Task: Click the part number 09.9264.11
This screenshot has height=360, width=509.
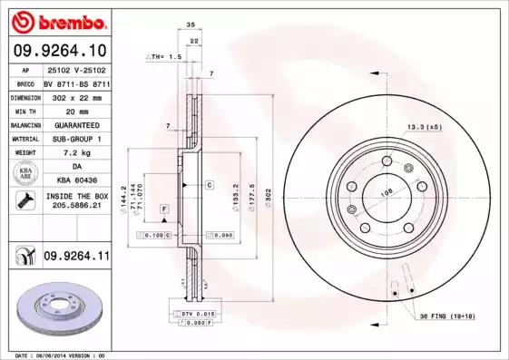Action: [76, 257]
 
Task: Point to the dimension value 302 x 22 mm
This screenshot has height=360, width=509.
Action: [76, 95]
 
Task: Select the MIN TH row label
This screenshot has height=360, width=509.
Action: [24, 110]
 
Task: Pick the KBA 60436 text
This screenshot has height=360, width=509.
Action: [76, 180]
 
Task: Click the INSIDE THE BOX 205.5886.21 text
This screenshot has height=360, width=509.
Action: [76, 201]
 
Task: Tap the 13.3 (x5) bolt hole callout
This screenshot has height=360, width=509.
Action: [423, 127]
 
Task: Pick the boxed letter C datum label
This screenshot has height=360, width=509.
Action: [209, 184]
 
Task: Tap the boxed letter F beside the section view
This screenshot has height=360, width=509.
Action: [165, 209]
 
